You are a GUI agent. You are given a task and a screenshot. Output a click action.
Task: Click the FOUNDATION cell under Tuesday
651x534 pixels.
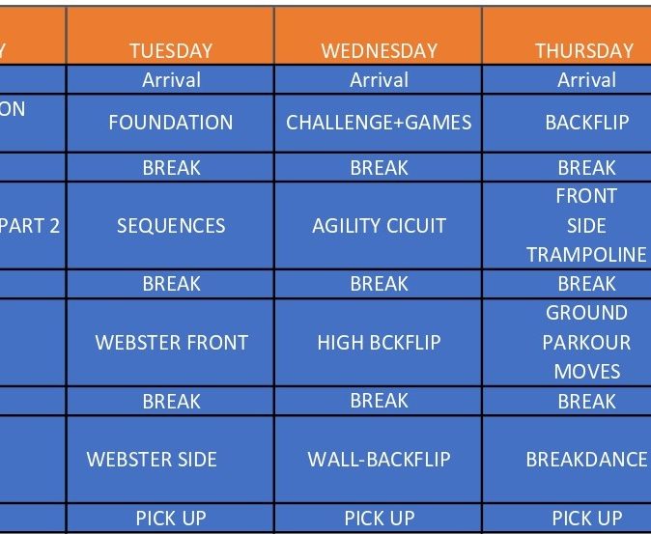tap(171, 123)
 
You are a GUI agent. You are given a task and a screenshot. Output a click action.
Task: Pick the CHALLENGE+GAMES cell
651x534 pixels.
tap(379, 123)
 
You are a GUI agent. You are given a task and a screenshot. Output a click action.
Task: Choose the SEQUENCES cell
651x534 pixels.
tap(171, 226)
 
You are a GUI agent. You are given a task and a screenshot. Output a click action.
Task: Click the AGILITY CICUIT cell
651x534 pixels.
tap(379, 226)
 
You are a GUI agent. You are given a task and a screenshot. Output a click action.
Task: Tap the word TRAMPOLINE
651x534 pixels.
tap(586, 254)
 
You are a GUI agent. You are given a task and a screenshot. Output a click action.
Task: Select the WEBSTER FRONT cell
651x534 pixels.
tap(172, 343)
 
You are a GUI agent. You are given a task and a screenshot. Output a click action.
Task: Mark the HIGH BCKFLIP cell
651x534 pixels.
tap(379, 343)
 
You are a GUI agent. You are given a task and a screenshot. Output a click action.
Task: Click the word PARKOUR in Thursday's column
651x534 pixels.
tap(586, 343)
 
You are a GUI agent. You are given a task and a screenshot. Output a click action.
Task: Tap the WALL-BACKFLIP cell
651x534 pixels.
tap(379, 460)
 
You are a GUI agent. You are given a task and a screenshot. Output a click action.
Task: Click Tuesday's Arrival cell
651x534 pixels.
tap(172, 79)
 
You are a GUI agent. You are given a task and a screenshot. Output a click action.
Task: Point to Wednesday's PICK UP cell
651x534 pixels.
tap(380, 519)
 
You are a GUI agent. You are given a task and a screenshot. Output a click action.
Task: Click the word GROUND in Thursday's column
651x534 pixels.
tap(586, 313)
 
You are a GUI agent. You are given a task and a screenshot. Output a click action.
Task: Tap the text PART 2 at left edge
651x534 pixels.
tap(30, 226)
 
